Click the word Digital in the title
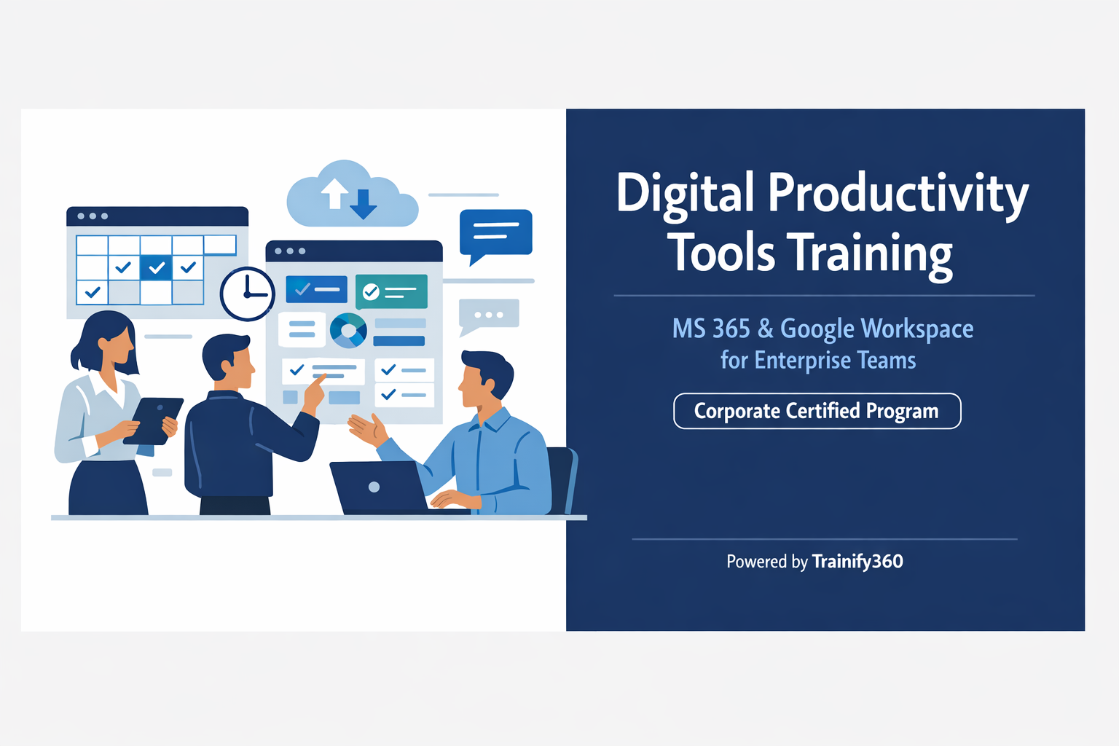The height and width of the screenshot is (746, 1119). click(685, 194)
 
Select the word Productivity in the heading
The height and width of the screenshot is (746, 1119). click(898, 194)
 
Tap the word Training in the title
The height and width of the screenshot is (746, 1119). click(871, 254)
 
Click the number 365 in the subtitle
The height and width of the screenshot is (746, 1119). click(731, 329)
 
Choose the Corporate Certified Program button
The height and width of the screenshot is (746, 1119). click(817, 411)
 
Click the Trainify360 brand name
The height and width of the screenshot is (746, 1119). click(857, 562)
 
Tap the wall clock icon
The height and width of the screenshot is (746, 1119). click(247, 294)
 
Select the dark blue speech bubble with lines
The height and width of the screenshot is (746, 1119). click(495, 233)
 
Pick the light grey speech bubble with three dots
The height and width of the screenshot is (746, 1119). click(488, 315)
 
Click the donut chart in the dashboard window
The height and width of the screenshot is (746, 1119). click(348, 331)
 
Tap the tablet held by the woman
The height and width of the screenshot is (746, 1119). click(154, 420)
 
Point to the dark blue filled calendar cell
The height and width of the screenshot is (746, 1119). click(156, 267)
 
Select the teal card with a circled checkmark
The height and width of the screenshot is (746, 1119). click(391, 291)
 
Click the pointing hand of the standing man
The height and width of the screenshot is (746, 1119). click(315, 390)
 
